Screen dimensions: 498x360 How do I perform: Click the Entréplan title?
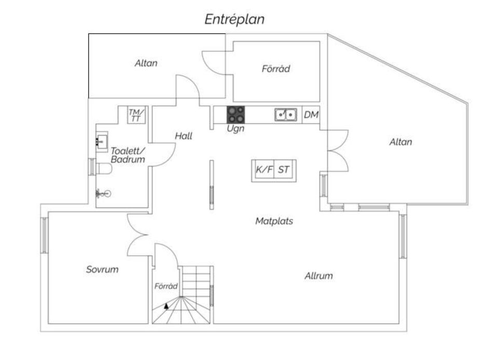(x=234, y=20)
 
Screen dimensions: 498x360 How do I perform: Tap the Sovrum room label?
(x=102, y=270)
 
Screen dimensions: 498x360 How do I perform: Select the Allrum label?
(x=319, y=275)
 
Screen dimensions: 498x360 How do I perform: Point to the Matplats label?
(x=274, y=221)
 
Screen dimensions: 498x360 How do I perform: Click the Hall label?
(x=184, y=136)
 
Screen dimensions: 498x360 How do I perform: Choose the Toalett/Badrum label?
(x=128, y=155)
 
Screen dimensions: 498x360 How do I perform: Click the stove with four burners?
(x=236, y=115)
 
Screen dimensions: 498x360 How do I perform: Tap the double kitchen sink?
(x=286, y=115)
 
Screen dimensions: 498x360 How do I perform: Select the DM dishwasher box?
(x=311, y=115)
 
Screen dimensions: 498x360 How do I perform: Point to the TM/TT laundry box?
(x=136, y=115)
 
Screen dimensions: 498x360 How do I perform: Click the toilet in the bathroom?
(x=104, y=169)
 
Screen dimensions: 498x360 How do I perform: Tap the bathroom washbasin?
(x=102, y=141)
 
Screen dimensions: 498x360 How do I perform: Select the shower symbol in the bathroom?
(x=104, y=193)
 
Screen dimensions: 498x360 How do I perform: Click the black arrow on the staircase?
(x=166, y=306)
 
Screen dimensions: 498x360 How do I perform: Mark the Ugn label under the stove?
(x=236, y=129)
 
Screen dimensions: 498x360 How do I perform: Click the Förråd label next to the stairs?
(x=166, y=286)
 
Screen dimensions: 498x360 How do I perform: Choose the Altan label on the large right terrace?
(x=401, y=142)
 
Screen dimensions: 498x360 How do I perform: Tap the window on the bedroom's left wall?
(x=45, y=235)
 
